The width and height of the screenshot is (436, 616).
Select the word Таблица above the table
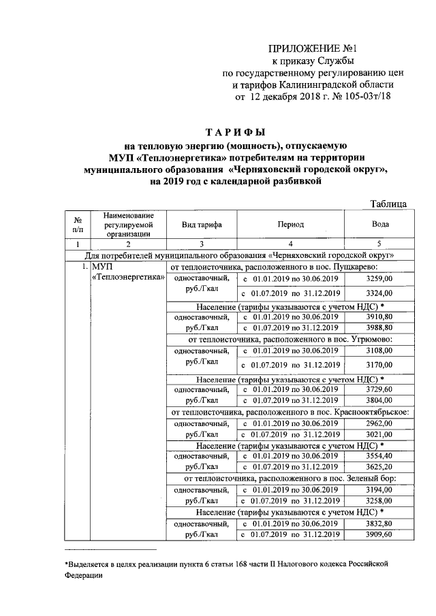[x=388, y=204]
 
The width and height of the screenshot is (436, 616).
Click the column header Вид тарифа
[x=201, y=224]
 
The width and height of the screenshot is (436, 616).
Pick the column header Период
[x=290, y=224]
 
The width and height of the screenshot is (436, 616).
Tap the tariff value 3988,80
[x=379, y=329]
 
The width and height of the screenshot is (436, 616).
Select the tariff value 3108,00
[x=379, y=351]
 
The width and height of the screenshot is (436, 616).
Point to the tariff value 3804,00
[x=379, y=400]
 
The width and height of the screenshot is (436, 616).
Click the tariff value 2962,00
[x=379, y=423]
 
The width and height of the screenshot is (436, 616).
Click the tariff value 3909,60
[x=379, y=535]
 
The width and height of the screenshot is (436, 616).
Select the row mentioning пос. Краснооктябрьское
[x=290, y=411]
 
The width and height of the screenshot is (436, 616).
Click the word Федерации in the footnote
[x=84, y=575]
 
